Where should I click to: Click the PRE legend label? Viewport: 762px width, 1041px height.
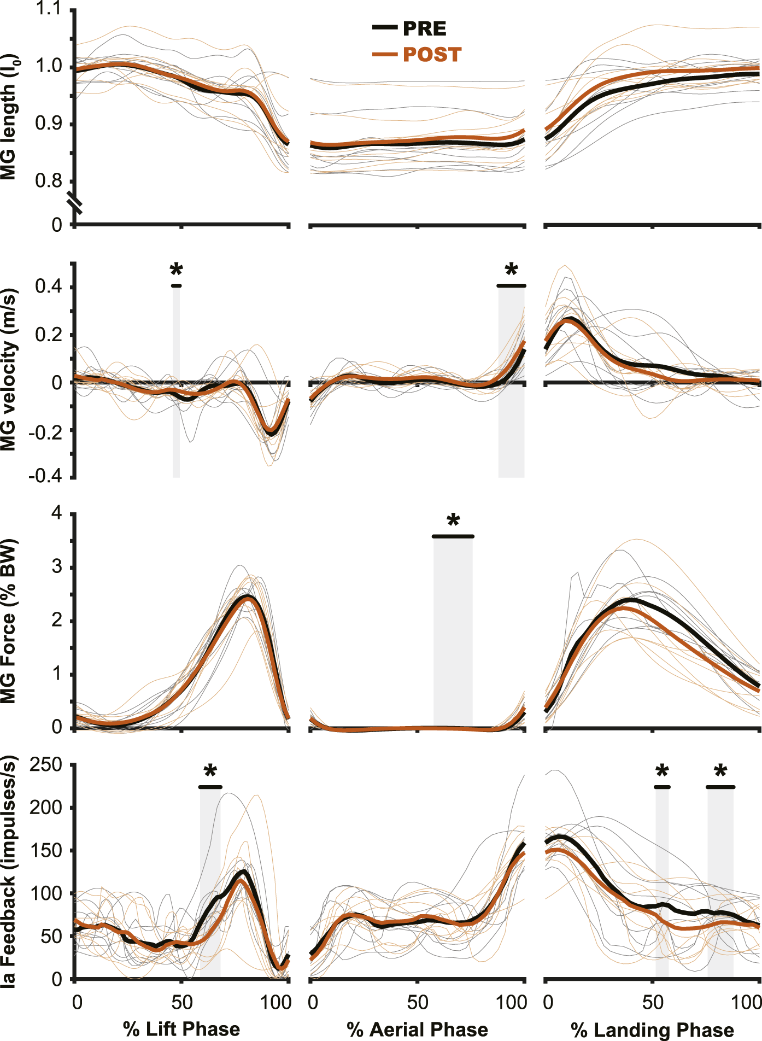424,28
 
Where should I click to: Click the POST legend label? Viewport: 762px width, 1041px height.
432,55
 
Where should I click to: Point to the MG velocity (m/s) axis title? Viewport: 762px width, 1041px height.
9,370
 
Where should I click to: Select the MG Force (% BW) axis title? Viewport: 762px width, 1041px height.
9,621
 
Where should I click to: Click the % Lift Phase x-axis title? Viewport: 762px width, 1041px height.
181,1029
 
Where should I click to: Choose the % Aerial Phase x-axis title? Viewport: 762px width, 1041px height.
417,1029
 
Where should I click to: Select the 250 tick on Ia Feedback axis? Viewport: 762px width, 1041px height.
46,764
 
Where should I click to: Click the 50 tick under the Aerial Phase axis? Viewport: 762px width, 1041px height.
417,1002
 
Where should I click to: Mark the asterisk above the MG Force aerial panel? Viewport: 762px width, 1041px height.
453,520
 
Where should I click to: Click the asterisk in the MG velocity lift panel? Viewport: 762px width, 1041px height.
176,270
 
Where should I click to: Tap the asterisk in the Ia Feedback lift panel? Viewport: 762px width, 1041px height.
210,771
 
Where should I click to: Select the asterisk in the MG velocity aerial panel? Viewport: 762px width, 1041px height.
511,270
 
